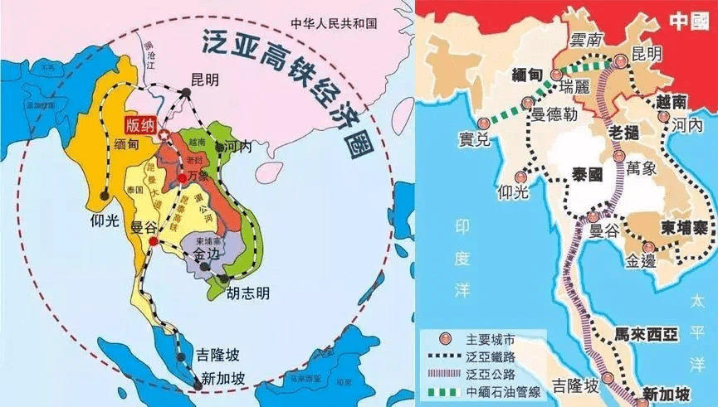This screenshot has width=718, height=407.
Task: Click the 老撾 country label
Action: click(x=625, y=133)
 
